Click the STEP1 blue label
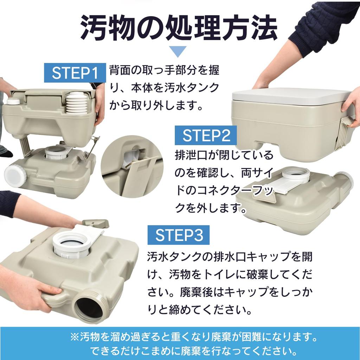click(75, 73)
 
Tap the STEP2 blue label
click(206, 136)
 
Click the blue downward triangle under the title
click(180, 51)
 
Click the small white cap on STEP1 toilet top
click(13, 102)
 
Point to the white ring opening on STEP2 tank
click(296, 174)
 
